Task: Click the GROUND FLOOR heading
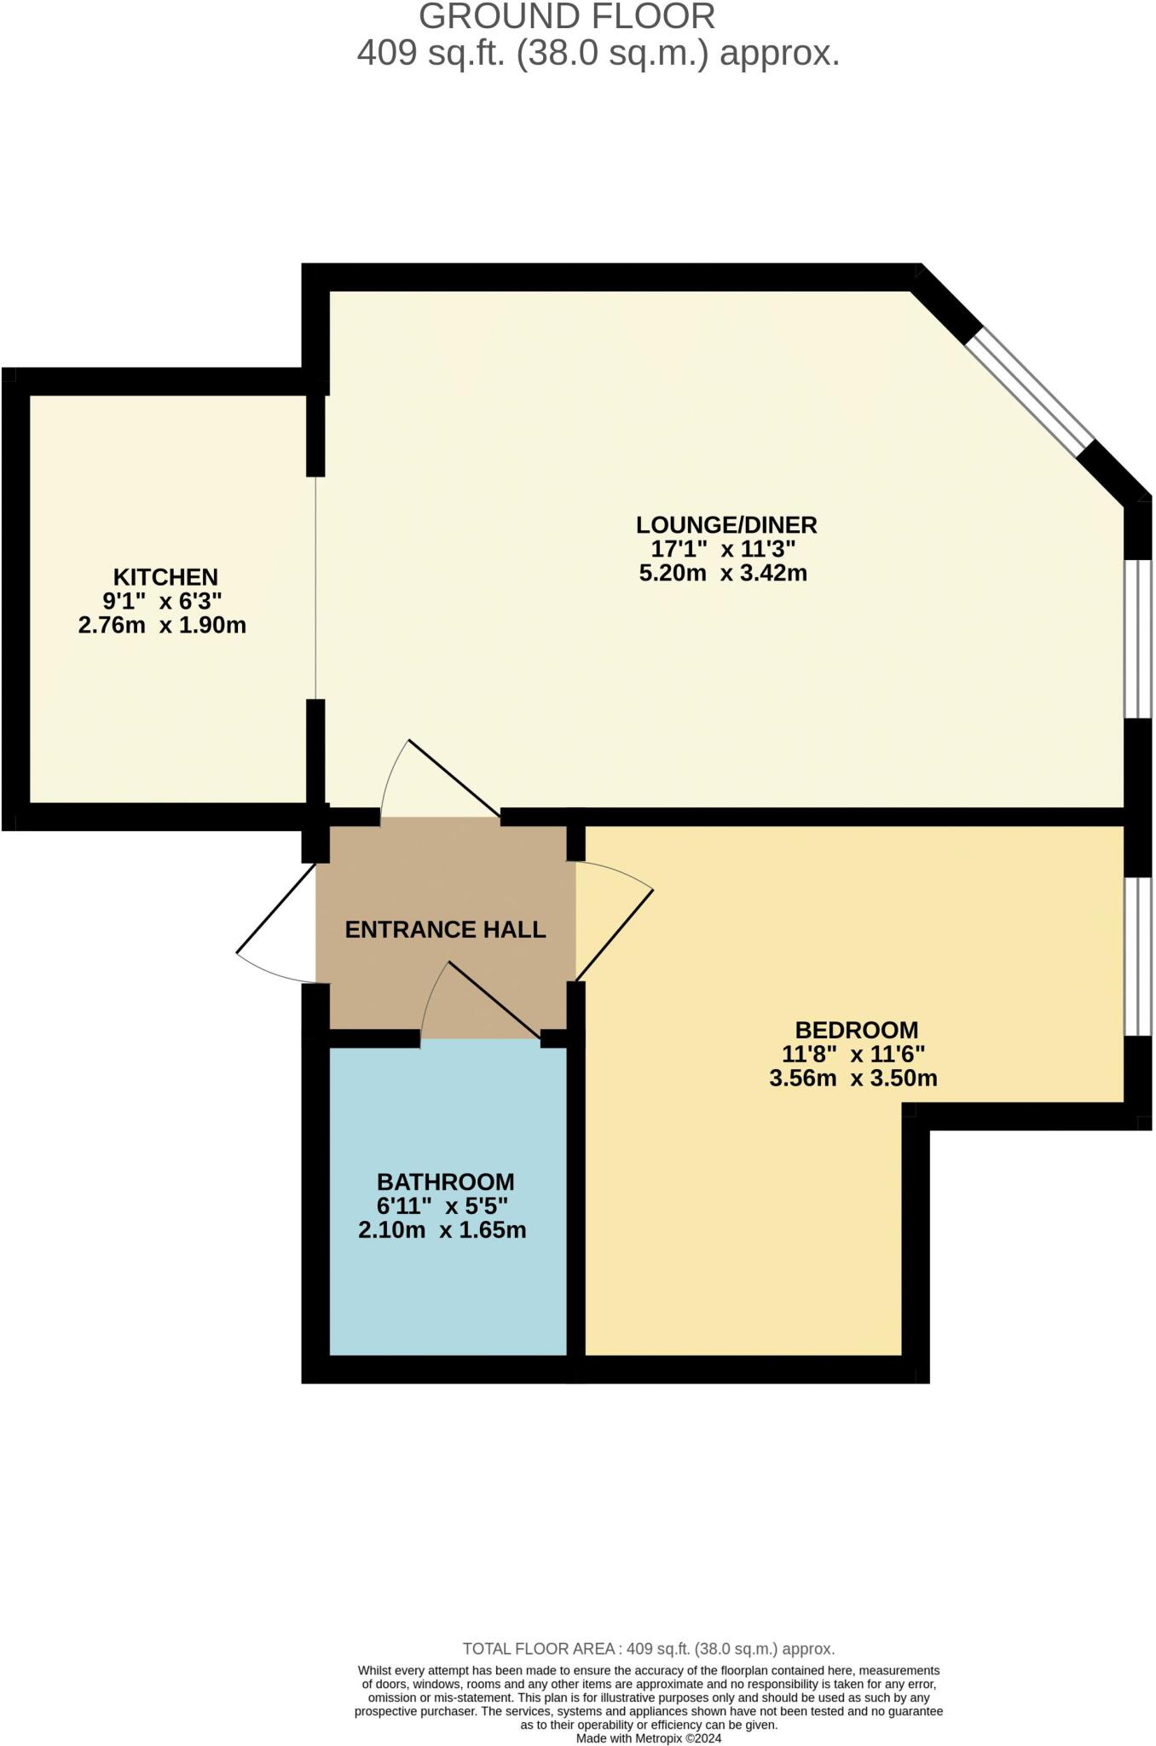(x=567, y=17)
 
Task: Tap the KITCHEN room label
(x=165, y=576)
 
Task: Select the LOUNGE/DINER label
(x=726, y=523)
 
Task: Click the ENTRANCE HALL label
(x=445, y=929)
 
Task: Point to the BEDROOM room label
(x=856, y=1030)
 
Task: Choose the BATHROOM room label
(x=445, y=1182)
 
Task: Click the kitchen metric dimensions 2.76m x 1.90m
(x=162, y=625)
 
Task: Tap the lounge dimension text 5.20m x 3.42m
(x=723, y=573)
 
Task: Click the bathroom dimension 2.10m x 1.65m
(x=442, y=1230)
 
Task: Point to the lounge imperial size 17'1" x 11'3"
(x=723, y=548)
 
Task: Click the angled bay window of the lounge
(x=1030, y=393)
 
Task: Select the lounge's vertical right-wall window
(x=1139, y=639)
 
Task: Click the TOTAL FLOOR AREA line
(x=648, y=1649)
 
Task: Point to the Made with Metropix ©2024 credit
(x=648, y=1737)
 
